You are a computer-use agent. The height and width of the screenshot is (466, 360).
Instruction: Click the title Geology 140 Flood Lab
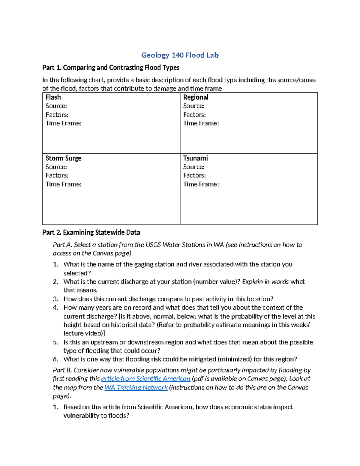pos(180,55)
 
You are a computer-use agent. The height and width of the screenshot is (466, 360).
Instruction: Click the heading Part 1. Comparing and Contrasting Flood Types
pos(111,68)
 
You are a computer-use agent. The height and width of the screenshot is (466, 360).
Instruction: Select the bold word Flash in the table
pos(53,97)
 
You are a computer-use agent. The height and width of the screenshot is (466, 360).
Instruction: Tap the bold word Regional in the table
pos(196,97)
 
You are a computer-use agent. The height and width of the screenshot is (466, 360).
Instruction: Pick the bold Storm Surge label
pos(63,158)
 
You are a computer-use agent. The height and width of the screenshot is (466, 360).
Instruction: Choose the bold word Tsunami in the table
pos(195,158)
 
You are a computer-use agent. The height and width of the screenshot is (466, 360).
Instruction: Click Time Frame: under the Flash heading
pos(63,123)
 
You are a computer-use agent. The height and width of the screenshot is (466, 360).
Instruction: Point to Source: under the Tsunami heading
pos(194,167)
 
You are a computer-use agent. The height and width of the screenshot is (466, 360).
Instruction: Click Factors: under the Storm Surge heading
pos(57,175)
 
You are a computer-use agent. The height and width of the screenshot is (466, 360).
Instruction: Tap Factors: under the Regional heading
pos(194,115)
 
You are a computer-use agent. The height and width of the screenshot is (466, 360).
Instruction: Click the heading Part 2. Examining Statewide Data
pos(91,232)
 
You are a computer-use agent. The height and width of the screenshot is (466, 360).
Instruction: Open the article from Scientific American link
pos(145,379)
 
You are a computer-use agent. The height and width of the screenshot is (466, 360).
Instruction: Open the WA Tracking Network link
pos(136,387)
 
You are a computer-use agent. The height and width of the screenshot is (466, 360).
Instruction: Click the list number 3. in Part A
pos(55,299)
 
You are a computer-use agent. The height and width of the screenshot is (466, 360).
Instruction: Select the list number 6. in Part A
pos(55,359)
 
